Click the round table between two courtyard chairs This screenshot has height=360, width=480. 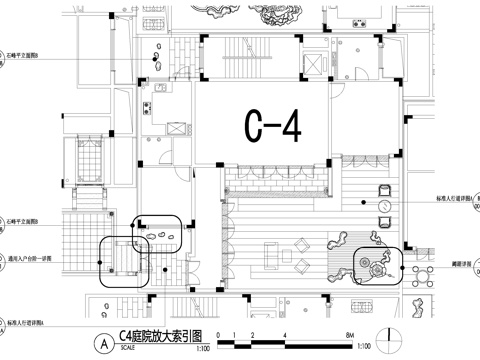[385, 206]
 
